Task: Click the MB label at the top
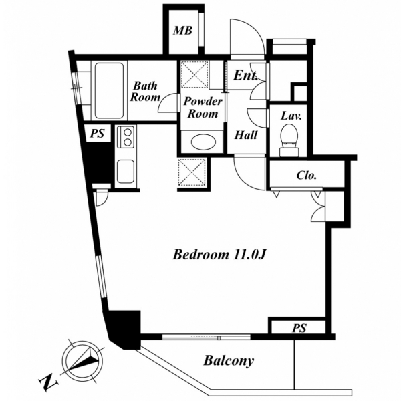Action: [182, 31]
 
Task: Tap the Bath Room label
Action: [145, 92]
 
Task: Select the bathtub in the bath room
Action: [109, 90]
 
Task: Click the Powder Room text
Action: [203, 108]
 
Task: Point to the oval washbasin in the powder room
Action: [204, 142]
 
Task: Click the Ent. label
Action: [245, 75]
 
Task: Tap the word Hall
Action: [246, 135]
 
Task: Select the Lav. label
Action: [291, 116]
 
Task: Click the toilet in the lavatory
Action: [289, 140]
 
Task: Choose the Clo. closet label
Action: [307, 175]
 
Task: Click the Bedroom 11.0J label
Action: [220, 255]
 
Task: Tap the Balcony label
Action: [229, 361]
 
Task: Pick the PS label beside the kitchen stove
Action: [98, 133]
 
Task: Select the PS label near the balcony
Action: [299, 328]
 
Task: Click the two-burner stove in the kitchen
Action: [127, 137]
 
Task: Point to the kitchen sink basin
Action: [126, 171]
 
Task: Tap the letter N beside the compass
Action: [49, 384]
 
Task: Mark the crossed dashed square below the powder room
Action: [192, 172]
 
